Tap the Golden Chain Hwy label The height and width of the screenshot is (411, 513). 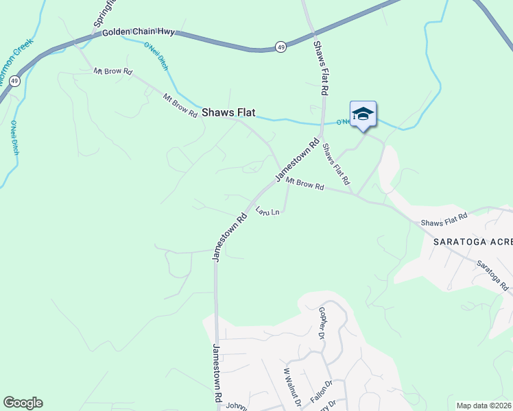tap(139, 32)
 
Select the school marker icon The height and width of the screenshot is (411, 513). tap(363, 114)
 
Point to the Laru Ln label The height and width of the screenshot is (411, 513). tap(267, 212)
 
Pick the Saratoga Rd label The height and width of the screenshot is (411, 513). tap(492, 274)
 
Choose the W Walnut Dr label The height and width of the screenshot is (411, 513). tap(292, 387)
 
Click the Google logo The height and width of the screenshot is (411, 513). tap(23, 403)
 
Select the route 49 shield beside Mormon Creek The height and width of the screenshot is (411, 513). tap(15, 80)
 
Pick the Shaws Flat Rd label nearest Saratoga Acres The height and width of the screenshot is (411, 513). tap(444, 220)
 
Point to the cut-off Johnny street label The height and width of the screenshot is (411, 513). tap(236, 406)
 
